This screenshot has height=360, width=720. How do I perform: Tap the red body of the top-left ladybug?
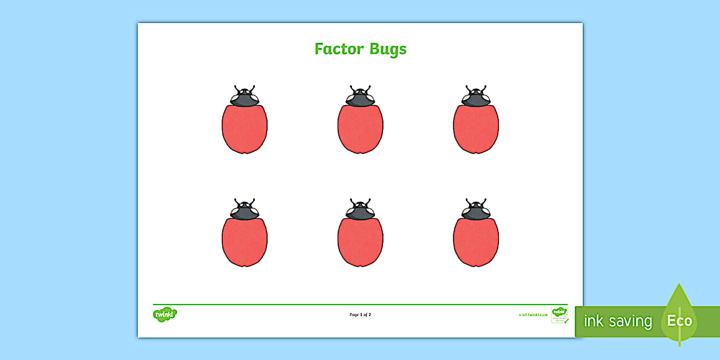pos(245,129)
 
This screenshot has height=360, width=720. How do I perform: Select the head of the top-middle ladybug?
pos(360,98)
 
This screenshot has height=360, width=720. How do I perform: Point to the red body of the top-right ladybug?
pos(476,129)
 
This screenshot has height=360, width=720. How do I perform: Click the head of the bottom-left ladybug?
pos(245,211)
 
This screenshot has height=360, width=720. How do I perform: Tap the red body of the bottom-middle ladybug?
pos(360,242)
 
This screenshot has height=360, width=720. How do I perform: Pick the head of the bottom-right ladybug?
pos(476,211)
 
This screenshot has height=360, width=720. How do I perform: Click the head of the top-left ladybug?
pos(245,98)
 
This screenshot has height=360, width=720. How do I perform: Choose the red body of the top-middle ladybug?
pos(360,129)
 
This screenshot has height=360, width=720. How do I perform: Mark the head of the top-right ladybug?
pos(476,98)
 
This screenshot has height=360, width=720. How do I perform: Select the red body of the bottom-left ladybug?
pos(245,242)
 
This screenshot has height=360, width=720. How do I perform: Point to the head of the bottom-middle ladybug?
pos(360,211)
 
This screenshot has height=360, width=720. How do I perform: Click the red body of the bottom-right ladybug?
pos(476,242)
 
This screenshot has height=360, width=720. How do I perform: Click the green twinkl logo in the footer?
pos(165,314)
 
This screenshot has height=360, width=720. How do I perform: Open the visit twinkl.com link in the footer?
pos(533,315)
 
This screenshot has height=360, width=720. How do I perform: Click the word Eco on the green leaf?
pos(679,321)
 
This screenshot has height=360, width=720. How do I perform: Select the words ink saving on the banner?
pos(617,321)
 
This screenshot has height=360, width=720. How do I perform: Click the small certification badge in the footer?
pos(559,315)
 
